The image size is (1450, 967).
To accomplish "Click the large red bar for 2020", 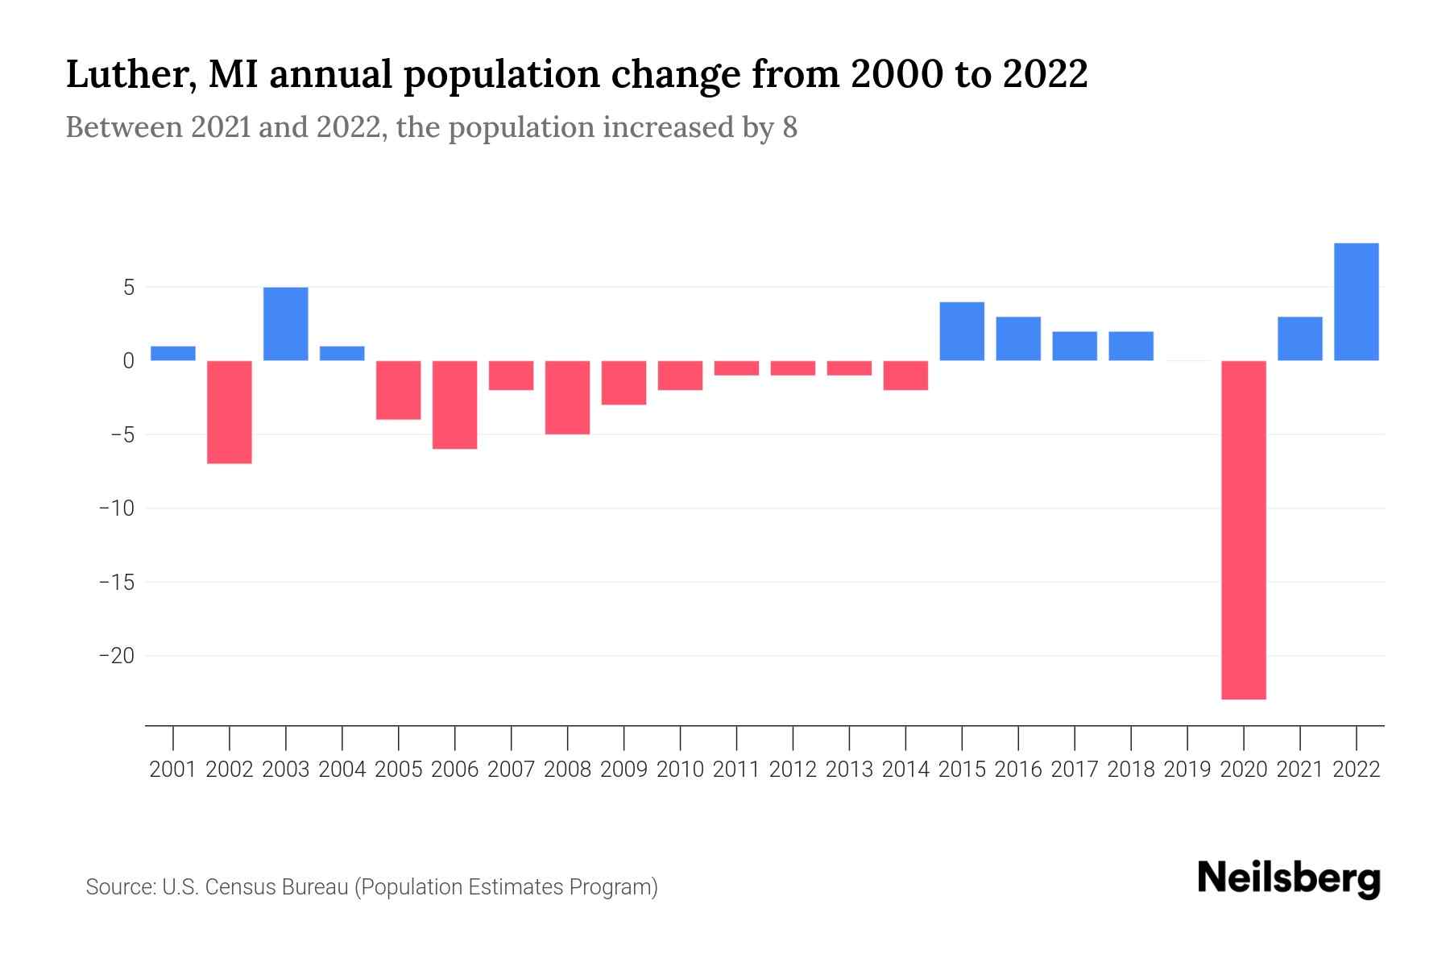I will [x=1244, y=529].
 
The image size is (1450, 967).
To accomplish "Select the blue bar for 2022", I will [x=1357, y=301].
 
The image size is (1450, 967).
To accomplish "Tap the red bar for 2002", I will [x=230, y=412].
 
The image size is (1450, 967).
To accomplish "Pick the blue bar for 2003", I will [x=286, y=324].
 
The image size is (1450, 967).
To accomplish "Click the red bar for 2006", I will [x=455, y=405].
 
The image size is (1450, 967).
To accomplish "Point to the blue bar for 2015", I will [x=962, y=331].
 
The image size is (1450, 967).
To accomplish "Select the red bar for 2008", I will [x=568, y=397].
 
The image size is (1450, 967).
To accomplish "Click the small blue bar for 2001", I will [x=173, y=353].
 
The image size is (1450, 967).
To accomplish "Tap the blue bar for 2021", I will [x=1300, y=338].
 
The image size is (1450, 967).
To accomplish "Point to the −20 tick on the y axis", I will [x=117, y=655].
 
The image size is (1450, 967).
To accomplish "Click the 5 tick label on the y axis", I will [x=128, y=288].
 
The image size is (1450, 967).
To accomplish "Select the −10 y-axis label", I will [x=117, y=508].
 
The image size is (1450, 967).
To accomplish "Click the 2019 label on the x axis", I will [x=1187, y=770].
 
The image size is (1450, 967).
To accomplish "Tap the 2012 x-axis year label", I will [x=793, y=770].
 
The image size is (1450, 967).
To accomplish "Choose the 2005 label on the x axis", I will [x=399, y=770].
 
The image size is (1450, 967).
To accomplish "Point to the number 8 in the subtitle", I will [x=789, y=127].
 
